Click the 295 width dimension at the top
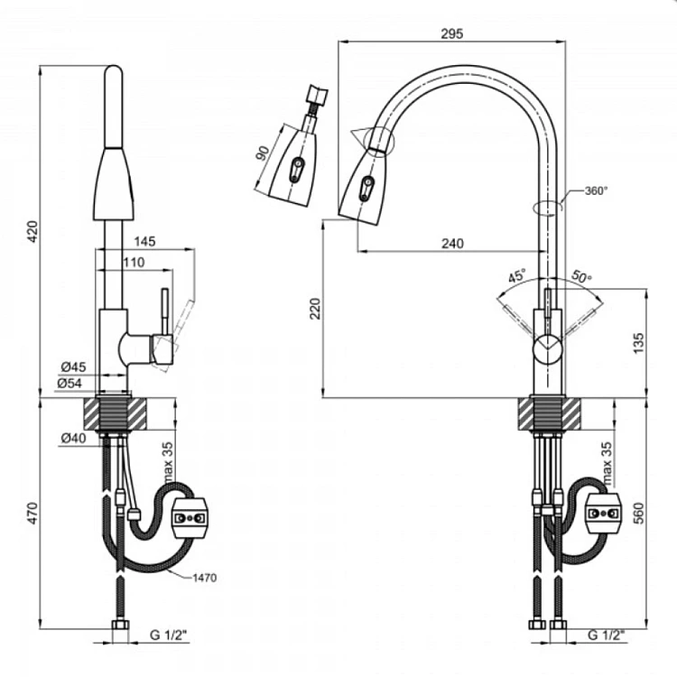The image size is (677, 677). [451, 33]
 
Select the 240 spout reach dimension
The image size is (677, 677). [452, 244]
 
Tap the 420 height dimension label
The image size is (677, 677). [32, 231]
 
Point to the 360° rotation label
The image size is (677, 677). [596, 190]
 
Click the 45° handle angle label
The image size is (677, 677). [517, 275]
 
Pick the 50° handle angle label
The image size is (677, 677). [581, 276]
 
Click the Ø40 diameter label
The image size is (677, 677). [73, 438]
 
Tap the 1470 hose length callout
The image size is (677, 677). [204, 578]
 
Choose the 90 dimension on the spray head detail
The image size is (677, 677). [263, 153]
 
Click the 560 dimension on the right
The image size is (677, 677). [638, 513]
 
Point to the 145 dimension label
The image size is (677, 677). [144, 241]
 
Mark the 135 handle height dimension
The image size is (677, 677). [638, 343]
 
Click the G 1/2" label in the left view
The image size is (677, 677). [169, 635]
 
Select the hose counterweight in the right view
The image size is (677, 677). [604, 513]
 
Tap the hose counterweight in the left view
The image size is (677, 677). [190, 518]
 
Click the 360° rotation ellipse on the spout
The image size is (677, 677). [548, 208]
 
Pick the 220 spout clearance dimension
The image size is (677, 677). [316, 309]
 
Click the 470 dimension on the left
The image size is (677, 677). [32, 513]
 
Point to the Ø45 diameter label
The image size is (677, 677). [73, 367]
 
